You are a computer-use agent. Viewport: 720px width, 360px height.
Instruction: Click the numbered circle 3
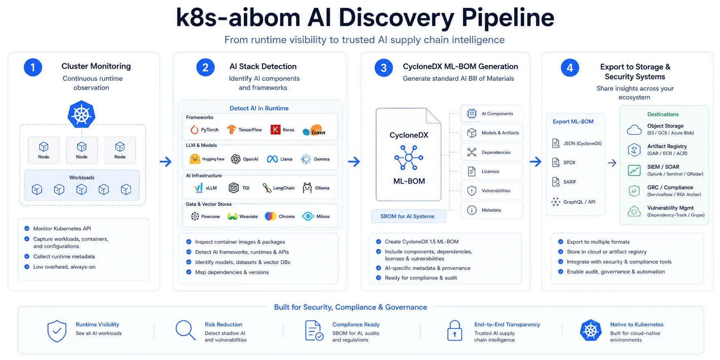coord(384,68)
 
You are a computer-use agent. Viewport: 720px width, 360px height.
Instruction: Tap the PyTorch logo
coord(194,130)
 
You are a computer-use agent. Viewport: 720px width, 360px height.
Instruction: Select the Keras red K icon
coord(276,130)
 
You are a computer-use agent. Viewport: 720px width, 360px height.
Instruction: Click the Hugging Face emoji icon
coord(195,159)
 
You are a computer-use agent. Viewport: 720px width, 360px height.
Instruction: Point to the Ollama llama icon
coord(307,188)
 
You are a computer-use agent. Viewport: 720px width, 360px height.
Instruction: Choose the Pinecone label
coord(210,217)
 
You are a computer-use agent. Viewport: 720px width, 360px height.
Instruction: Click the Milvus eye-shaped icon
coord(308,216)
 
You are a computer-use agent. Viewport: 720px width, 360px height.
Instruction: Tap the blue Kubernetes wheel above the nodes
coord(82,114)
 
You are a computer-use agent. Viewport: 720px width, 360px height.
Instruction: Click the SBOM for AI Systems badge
coord(408,216)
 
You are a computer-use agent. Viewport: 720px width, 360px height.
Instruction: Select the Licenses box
coord(492,171)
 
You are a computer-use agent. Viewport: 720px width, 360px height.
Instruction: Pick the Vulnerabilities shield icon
coord(472,191)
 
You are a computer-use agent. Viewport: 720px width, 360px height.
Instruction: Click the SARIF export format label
coord(570,182)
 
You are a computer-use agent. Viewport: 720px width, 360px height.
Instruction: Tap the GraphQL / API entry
coord(573,202)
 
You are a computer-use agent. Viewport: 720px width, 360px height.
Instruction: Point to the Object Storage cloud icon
coord(634,130)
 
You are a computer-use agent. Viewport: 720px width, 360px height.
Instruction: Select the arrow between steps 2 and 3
coord(354,162)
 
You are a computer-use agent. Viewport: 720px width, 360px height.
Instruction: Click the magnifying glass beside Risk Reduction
coord(185,330)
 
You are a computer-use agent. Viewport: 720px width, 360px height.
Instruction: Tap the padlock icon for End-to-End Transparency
coord(455,330)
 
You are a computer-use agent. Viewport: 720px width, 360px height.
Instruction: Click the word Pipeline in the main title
coord(508,18)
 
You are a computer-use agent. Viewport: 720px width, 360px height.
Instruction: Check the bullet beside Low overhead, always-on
coord(27,267)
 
